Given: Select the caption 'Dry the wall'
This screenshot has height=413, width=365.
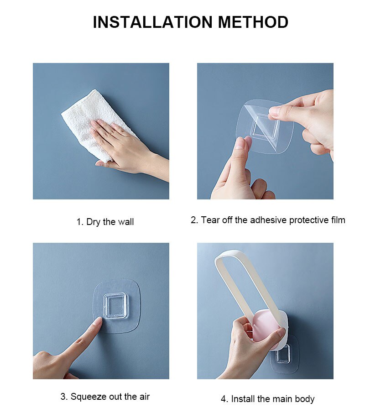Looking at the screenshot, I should [110, 222].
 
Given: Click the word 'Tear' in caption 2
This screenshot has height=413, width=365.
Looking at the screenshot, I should [210, 220].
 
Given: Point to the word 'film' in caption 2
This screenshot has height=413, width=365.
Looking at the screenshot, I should [337, 220].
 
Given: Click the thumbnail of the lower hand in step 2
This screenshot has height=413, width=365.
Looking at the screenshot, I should [240, 144].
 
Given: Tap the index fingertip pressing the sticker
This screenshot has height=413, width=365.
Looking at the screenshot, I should [97, 322].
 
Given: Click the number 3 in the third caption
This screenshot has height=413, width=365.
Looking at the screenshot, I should [63, 397].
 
